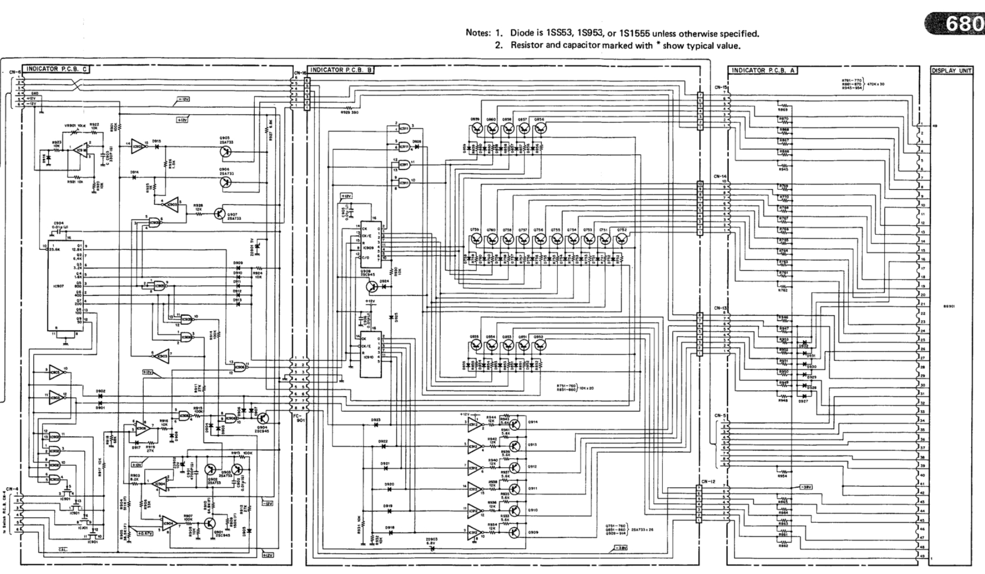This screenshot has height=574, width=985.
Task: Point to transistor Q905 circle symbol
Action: point(226,152)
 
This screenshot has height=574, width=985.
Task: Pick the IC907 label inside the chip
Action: point(58,286)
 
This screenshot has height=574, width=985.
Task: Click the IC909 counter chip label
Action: point(367,248)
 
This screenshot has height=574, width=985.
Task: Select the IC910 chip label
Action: point(367,356)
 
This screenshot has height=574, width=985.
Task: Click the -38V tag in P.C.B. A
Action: point(805,487)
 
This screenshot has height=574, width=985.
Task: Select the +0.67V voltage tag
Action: point(144,533)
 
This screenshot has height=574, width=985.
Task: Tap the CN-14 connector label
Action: point(720,176)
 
